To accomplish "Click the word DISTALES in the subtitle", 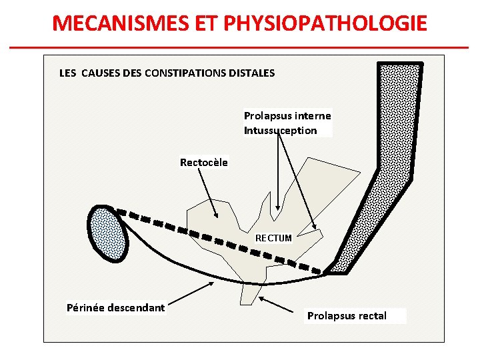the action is pos(251,73).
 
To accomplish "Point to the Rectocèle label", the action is pos(203,162).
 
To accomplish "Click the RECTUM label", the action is pos(273,237).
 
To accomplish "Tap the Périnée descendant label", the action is pos(115,307).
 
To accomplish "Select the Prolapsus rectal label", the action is pos(347,315).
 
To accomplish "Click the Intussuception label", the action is pos(280,130).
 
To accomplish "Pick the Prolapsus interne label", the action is pos(287,115).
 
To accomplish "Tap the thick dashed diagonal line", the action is pos(220,238).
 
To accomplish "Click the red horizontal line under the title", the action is pos(240,47).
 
